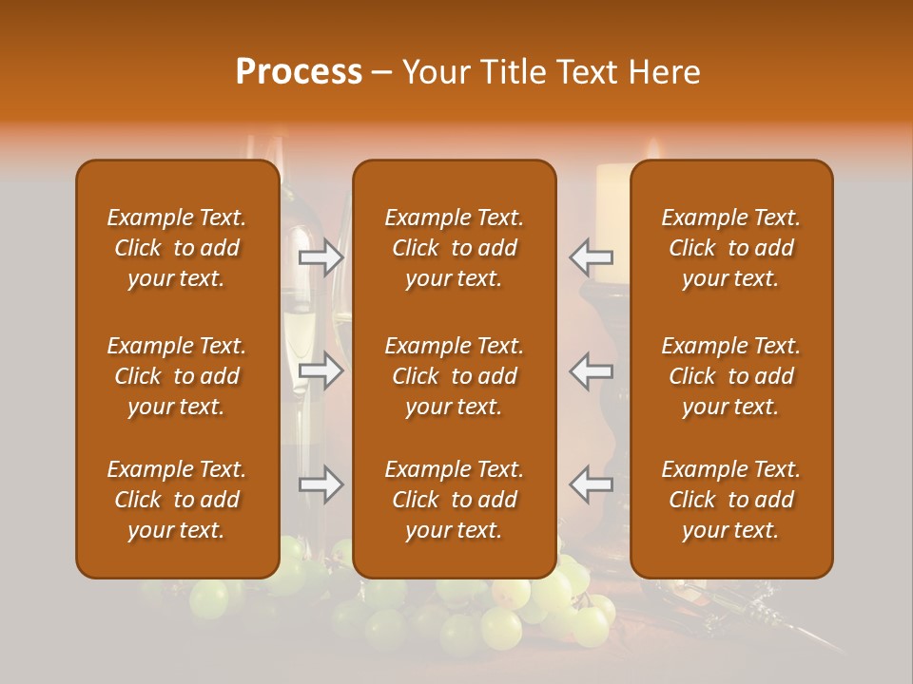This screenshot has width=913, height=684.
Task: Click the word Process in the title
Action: point(299,72)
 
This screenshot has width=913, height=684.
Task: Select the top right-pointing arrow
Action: point(321,256)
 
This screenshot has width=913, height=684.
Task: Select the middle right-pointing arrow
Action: point(321,370)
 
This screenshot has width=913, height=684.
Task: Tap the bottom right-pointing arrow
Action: point(321,484)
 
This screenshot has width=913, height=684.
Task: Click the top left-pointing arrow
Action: point(592,256)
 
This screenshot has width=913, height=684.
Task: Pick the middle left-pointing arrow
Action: point(592,370)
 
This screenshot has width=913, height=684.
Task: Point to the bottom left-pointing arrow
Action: point(592,484)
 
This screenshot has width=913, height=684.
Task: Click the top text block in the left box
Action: point(177,248)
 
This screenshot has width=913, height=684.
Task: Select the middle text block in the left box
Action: point(177,376)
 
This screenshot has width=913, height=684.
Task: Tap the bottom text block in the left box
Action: point(177,500)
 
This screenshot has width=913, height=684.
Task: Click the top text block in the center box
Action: point(454,248)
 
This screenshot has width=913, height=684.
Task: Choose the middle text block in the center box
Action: point(454,376)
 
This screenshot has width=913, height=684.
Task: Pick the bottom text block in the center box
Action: point(454,500)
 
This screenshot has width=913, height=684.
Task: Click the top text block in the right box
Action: point(730,248)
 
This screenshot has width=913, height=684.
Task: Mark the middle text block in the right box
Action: point(730,376)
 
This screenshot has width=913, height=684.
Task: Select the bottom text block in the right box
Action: point(730,500)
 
